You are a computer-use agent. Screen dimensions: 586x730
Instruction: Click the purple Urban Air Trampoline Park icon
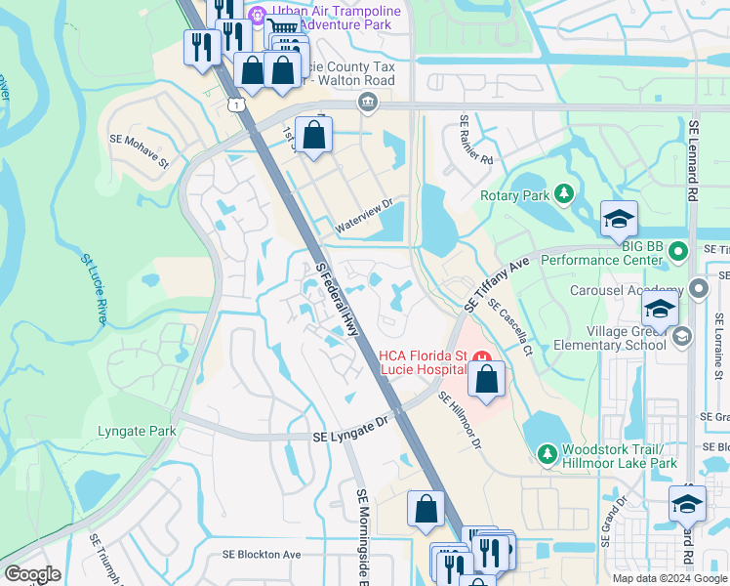pyautogui.click(x=258, y=16)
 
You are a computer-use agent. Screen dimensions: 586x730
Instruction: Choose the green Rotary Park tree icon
pyautogui.click(x=563, y=194)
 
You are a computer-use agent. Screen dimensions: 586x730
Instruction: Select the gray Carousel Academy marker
pyautogui.click(x=698, y=289)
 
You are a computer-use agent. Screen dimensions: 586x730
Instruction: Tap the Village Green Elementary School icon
pyautogui.click(x=682, y=336)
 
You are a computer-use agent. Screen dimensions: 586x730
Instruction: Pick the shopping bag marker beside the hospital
pyautogui.click(x=487, y=378)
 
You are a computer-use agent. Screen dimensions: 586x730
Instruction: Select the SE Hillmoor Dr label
pyautogui.click(x=460, y=420)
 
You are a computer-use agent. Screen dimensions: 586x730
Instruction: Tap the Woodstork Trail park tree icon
pyautogui.click(x=548, y=453)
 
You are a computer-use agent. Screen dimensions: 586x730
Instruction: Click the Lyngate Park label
pyautogui.click(x=137, y=431)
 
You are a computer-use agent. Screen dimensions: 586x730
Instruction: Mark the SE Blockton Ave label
pyautogui.click(x=262, y=554)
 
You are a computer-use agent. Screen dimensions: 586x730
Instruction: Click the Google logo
pyautogui.click(x=32, y=574)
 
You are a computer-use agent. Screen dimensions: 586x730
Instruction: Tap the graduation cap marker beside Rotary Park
pyautogui.click(x=619, y=219)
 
